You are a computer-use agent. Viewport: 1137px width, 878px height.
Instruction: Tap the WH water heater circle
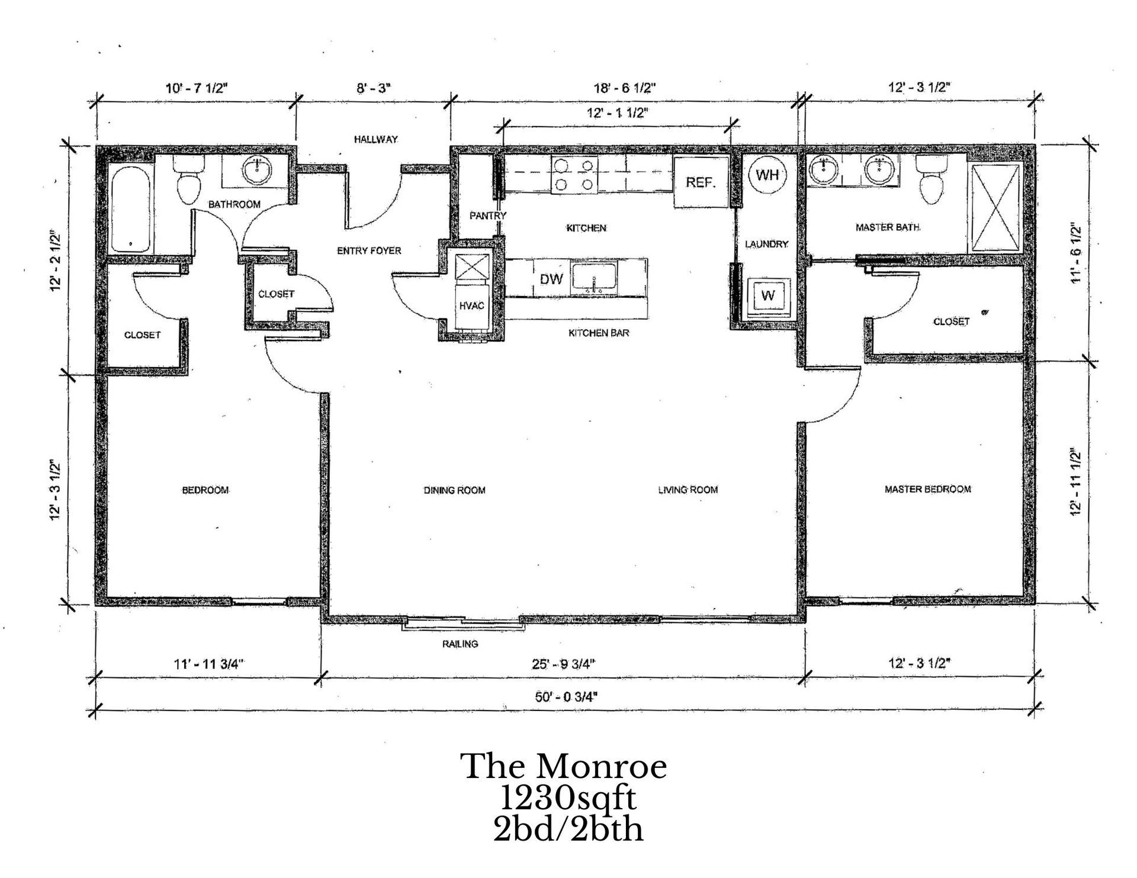pos(768,175)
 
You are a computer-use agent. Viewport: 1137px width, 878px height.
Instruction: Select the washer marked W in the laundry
pos(767,295)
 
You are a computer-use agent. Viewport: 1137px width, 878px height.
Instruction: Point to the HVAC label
pos(471,306)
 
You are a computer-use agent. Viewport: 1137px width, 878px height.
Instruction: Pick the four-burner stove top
pos(573,175)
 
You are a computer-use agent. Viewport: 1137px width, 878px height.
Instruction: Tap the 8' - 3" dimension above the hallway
pos(374,88)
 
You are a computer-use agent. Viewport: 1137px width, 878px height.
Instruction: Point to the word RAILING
pos(460,644)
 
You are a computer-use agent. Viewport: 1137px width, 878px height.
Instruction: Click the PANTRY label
pos(488,216)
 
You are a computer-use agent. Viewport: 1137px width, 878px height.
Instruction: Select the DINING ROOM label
pos(454,490)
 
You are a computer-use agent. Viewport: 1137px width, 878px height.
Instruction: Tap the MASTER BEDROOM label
pos(927,489)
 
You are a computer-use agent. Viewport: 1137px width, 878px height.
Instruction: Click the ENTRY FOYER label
pos(369,250)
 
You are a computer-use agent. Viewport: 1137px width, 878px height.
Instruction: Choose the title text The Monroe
pos(564,766)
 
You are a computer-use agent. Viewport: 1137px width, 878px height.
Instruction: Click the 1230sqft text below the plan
pos(568,799)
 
